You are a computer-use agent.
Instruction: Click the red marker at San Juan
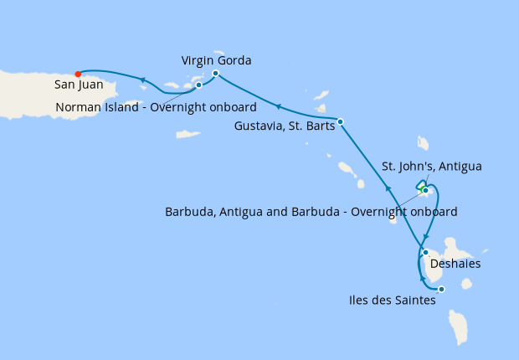click(x=78, y=73)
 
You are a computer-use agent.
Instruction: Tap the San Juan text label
click(x=79, y=85)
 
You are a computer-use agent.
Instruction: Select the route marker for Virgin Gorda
click(x=215, y=74)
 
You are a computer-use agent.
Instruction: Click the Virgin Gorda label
click(x=216, y=60)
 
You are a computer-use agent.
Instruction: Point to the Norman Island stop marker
click(x=198, y=85)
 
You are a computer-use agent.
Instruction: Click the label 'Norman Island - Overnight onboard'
click(x=156, y=107)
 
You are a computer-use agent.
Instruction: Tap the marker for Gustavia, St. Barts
click(x=340, y=121)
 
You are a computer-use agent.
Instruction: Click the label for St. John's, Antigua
click(x=431, y=167)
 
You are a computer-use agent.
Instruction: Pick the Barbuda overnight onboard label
click(x=311, y=212)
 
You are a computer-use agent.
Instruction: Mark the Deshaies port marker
click(x=425, y=252)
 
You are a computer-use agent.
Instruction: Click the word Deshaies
click(x=455, y=264)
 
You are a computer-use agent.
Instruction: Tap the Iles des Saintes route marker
click(x=441, y=290)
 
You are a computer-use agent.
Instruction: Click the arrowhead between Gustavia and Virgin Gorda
click(x=278, y=106)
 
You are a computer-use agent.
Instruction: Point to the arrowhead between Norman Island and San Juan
click(x=143, y=80)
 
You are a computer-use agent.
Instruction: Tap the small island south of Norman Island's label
click(x=188, y=134)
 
